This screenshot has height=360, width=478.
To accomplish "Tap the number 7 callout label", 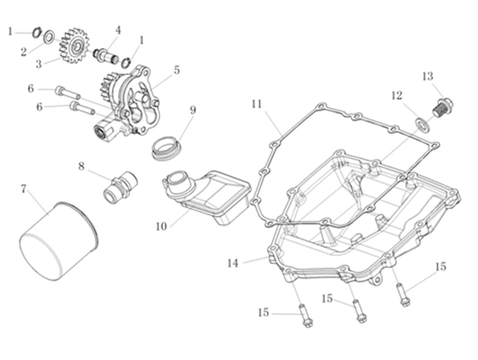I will tap(23, 189).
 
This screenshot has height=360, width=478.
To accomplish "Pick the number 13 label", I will tap(427, 77).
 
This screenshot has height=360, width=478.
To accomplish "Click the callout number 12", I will tap(396, 96).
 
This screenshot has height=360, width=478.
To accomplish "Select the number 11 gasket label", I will tap(256, 102).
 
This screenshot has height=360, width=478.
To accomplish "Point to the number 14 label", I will tap(233, 263).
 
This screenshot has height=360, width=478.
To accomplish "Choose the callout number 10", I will tap(161, 225).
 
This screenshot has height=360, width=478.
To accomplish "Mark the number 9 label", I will tap(192, 110).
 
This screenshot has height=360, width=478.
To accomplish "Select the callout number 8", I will tap(81, 166).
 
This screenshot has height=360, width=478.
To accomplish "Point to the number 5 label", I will tap(177, 70).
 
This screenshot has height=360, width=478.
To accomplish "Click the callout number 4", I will tap(118, 30).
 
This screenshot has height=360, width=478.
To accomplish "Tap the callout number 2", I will tap(23, 53).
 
